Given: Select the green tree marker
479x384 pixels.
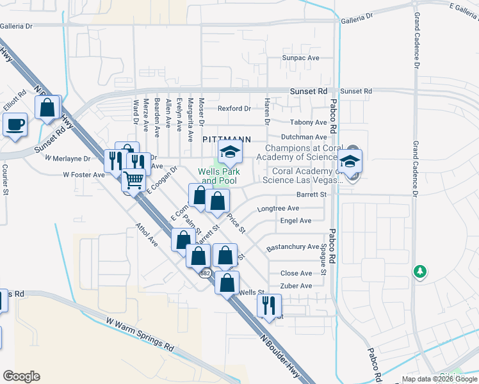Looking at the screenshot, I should (419, 271).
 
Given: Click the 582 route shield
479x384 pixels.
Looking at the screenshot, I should (205, 273).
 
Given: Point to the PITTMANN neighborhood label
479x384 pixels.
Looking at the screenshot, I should (226, 139).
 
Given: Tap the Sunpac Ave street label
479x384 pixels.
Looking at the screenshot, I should (301, 58).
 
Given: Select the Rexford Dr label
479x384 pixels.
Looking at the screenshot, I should (234, 108).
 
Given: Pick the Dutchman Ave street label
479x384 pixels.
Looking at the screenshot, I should (304, 137).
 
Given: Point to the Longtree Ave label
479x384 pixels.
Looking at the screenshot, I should (278, 208).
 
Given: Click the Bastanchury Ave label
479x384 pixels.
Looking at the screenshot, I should (293, 246).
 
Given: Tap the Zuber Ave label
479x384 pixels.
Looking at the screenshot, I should (296, 285).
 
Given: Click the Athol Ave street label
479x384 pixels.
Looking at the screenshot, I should (147, 234).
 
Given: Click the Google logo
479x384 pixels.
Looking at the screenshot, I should (22, 376).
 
